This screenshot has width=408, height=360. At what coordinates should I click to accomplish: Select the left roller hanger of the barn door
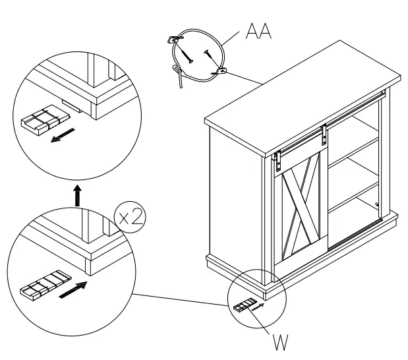click(x=279, y=157)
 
